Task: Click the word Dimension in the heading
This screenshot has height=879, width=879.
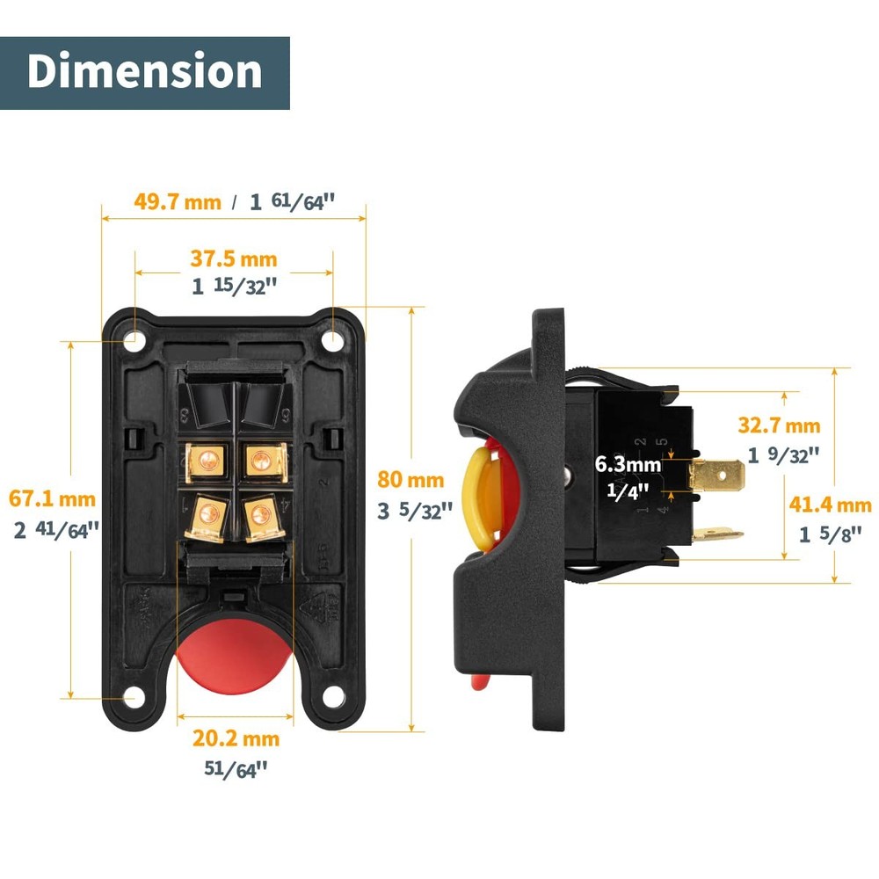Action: (144, 72)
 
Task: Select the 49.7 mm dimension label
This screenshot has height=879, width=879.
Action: (178, 201)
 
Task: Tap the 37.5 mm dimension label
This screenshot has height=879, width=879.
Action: (234, 259)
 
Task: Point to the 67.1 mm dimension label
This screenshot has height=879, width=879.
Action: (52, 499)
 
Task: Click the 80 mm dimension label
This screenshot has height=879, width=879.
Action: (410, 480)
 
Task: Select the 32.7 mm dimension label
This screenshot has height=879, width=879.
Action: (779, 426)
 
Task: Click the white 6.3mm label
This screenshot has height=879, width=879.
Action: (627, 463)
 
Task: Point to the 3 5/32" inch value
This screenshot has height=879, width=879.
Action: (415, 511)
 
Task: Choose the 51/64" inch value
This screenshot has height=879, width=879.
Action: (235, 769)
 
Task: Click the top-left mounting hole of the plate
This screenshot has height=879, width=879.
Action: (134, 339)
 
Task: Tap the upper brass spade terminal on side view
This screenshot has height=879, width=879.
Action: (716, 476)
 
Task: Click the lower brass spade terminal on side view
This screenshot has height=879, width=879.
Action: (716, 534)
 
